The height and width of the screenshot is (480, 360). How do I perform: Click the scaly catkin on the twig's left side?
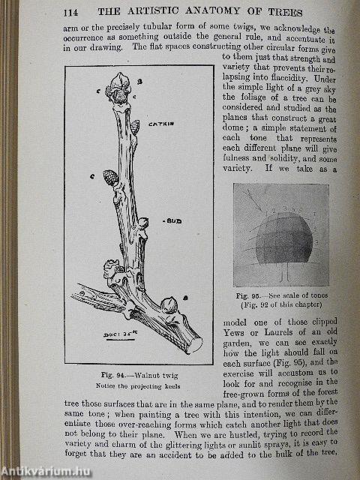point(110,178)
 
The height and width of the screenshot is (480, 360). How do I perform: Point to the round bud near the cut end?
point(170,304)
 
